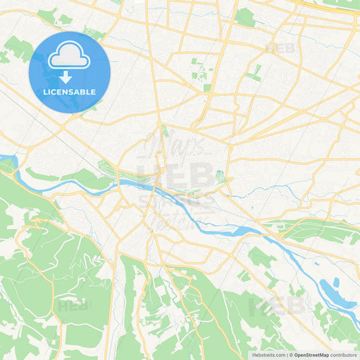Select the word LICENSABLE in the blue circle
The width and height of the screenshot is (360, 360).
pos(70,92)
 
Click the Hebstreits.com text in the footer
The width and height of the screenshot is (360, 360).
pos(267,355)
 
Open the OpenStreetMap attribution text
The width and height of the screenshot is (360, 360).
pos(311,355)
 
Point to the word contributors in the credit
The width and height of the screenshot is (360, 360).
pos(344,355)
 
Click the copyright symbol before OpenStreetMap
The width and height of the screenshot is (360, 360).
pos(291,355)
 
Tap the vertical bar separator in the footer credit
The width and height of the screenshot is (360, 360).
pos(286,355)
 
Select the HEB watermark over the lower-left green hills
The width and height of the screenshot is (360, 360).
pos(73,306)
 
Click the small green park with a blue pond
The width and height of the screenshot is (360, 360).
pos(220,177)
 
